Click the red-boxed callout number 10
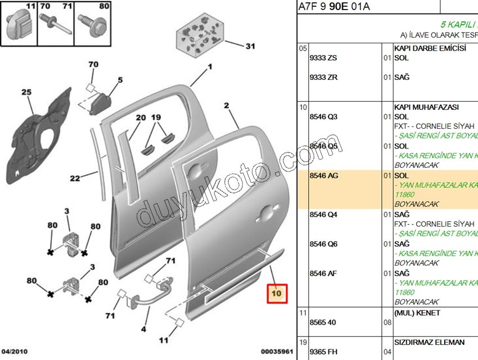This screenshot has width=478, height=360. pos(277,293)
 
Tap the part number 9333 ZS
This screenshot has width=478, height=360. pos(323,58)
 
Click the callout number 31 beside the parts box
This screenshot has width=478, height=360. pos(250,46)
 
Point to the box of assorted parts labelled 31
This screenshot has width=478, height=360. pos(199,37)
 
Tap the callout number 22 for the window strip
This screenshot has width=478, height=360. pos(74,179)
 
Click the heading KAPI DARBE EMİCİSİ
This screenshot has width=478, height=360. pos(430,48)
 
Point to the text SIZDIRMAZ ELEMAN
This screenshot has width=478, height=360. pos(429,342)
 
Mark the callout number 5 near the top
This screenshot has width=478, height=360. pos(119,80)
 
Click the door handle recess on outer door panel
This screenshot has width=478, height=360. pos(263,213)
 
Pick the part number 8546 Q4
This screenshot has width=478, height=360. pos(323,215)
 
